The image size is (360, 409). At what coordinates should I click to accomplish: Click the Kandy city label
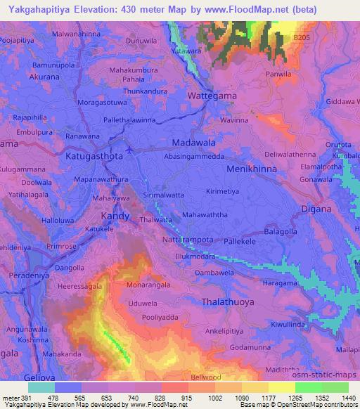(x=115, y=216)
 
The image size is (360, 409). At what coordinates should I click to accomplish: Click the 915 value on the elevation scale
(x=186, y=397)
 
